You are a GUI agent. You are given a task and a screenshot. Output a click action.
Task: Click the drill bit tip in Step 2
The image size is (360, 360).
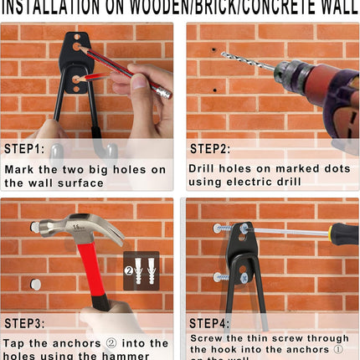click(x=224, y=54)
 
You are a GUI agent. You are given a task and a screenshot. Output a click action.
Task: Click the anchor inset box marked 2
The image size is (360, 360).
click(x=141, y=270)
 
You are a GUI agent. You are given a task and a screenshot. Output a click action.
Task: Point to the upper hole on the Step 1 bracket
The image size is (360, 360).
click(x=77, y=48)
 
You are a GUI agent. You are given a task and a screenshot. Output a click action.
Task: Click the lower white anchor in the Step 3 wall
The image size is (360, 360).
click(x=35, y=285)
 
